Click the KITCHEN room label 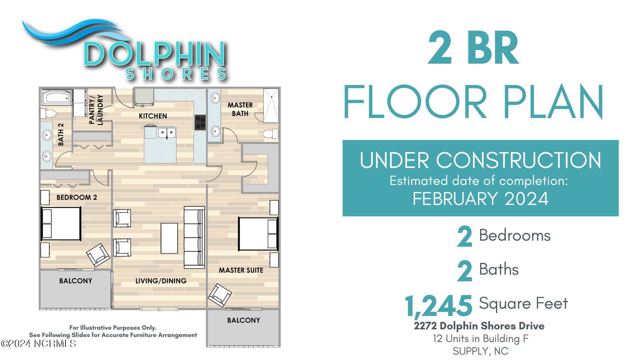[153, 116]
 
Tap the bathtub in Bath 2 [57, 97]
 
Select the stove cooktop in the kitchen [200, 122]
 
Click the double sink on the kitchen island [167, 133]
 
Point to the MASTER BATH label [240, 109]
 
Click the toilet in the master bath [270, 134]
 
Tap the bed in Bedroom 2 [61, 223]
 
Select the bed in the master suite [258, 234]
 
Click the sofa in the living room [194, 237]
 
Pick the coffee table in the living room [169, 238]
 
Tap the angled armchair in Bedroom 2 [98, 255]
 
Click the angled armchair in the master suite [220, 295]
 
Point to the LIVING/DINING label [161, 281]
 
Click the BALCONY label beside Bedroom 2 [76, 281]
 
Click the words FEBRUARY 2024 [481, 199]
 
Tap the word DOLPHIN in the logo [154, 53]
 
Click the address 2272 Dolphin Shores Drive [479, 326]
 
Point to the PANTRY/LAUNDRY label [96, 110]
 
